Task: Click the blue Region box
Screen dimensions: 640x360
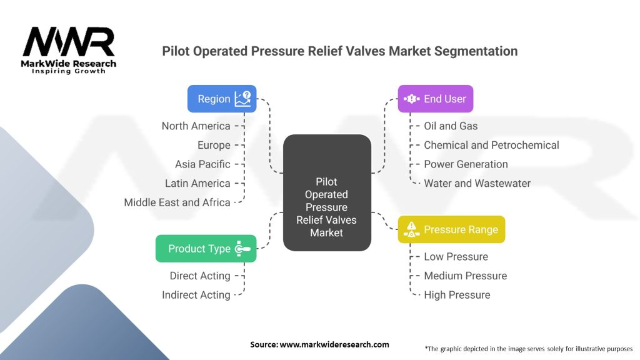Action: click(x=222, y=99)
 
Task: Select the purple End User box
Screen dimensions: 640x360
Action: click(x=436, y=99)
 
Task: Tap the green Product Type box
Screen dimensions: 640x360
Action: click(x=206, y=249)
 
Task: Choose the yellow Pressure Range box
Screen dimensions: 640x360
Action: click(x=451, y=229)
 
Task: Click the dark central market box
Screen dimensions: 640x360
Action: click(x=327, y=192)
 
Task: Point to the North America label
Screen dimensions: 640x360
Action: click(x=196, y=126)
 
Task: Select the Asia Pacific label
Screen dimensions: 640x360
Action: click(x=203, y=164)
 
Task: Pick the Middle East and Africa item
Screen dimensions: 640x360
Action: click(x=177, y=202)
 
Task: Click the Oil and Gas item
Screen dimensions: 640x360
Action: click(x=451, y=126)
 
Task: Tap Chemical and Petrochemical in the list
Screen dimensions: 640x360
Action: click(x=491, y=145)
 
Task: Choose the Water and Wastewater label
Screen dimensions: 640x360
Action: click(x=477, y=183)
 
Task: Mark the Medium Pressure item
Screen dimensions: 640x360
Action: click(x=465, y=276)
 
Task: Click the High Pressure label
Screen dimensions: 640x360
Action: click(x=457, y=295)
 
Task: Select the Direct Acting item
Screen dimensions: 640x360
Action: click(x=200, y=276)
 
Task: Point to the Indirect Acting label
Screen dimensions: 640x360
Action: click(x=196, y=295)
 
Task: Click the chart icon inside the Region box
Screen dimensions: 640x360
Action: click(x=243, y=99)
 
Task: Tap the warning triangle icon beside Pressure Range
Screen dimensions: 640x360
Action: click(x=411, y=229)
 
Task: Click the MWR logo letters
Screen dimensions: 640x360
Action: click(x=69, y=42)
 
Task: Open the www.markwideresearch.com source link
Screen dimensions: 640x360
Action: click(x=334, y=344)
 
